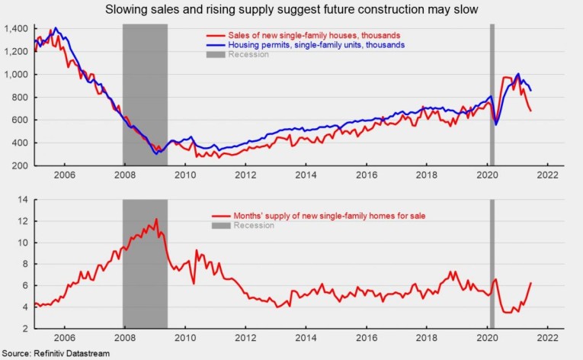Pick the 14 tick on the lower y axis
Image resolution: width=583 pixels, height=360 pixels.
[x=23, y=200]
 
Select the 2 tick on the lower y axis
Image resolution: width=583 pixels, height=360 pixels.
[x=25, y=329]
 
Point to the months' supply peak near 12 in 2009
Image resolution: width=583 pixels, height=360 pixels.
[x=156, y=220]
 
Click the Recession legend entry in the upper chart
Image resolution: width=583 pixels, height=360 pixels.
[x=249, y=55]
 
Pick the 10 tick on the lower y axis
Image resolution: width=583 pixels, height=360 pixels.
[x=23, y=243]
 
